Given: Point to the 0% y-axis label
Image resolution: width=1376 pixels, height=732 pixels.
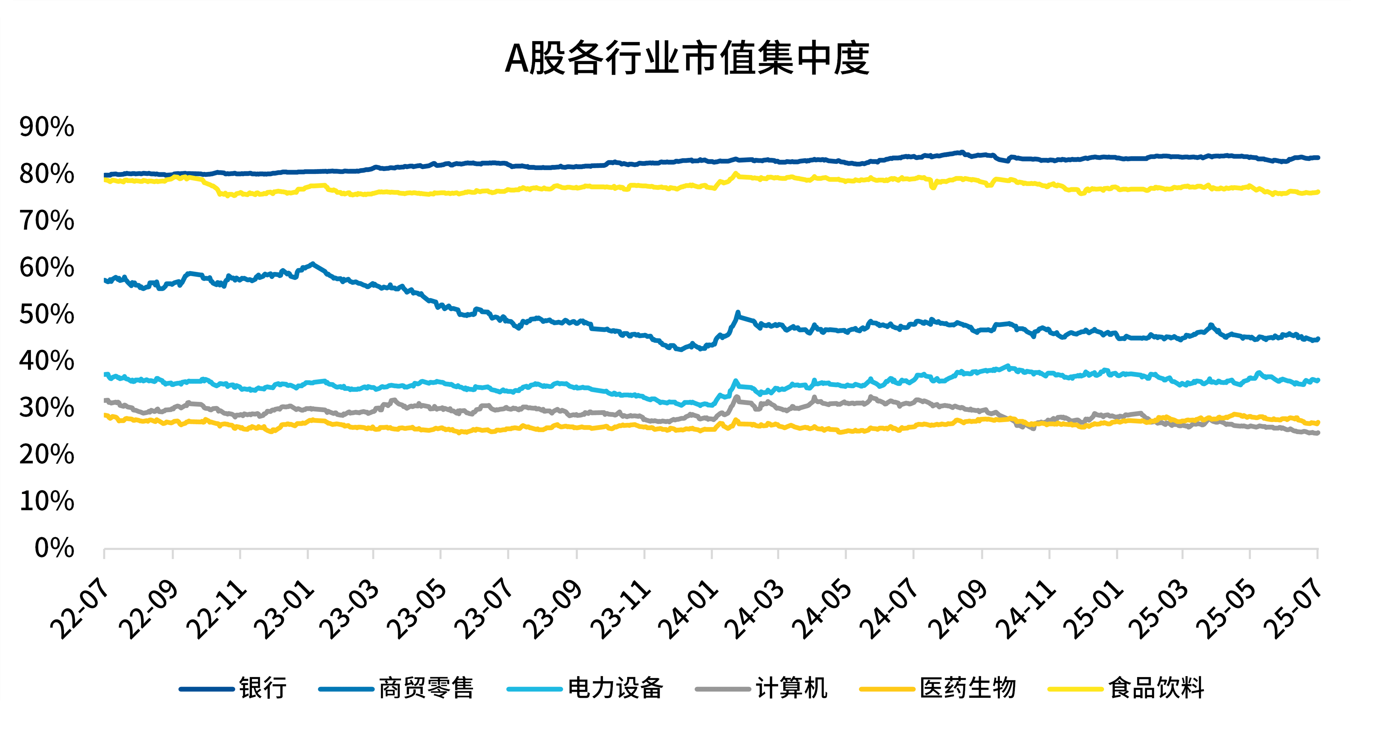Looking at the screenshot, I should pyautogui.click(x=54, y=548).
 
